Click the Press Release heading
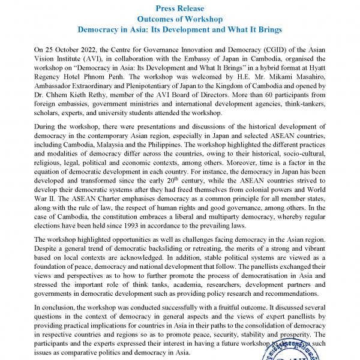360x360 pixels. (x=180, y=8)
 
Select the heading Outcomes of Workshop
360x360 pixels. (x=180, y=19)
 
